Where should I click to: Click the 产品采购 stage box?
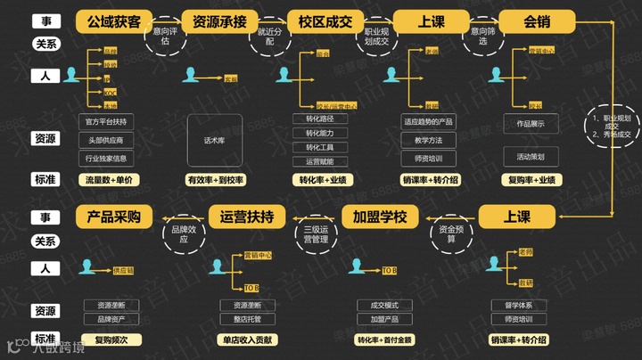click(114, 217)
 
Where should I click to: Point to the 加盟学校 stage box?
click(380, 217)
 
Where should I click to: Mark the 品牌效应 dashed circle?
click(179, 234)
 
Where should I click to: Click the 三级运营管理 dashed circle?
click(313, 233)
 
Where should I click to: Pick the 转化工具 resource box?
click(319, 147)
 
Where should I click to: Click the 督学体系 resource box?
click(518, 306)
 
